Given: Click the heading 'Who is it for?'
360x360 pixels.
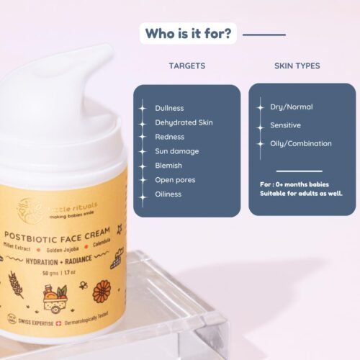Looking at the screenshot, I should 189,34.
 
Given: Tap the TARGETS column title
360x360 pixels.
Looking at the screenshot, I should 186,66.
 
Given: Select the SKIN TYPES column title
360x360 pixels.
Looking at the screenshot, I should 297,66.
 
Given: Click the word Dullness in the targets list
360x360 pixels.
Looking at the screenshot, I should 169,108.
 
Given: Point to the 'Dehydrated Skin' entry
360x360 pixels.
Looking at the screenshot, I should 184,122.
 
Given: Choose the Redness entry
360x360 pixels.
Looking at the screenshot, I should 169,137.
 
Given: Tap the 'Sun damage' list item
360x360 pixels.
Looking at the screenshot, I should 176,151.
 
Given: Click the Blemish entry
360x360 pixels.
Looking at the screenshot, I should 168,166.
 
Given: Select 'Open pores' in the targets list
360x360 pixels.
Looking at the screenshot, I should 175,180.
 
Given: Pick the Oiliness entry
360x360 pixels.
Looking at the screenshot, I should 168,194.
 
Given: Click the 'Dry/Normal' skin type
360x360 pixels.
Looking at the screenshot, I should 291,107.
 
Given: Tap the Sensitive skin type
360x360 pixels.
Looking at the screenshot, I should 286,125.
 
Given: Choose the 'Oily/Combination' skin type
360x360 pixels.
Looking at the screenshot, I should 300,143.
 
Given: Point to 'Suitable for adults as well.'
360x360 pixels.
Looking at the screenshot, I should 301,194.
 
